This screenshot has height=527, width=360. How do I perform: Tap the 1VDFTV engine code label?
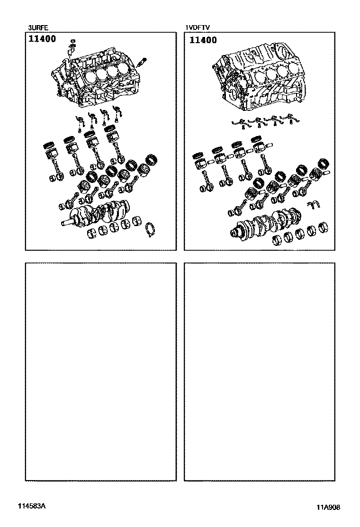pos(198,27)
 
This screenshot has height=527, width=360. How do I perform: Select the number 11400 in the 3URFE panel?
pos(42,39)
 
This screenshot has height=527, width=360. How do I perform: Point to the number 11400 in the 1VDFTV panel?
pos(203,40)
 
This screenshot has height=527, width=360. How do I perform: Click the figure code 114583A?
pos(32,506)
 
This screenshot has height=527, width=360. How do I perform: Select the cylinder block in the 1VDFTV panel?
pos(259,77)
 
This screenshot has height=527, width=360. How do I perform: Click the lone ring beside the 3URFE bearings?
pos(151,229)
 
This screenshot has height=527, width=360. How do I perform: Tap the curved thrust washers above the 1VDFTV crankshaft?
pos(315,204)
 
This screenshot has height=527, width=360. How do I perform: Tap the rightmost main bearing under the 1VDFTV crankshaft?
pos(323,229)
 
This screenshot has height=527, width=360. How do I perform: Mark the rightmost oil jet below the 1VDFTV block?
pos(291,120)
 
